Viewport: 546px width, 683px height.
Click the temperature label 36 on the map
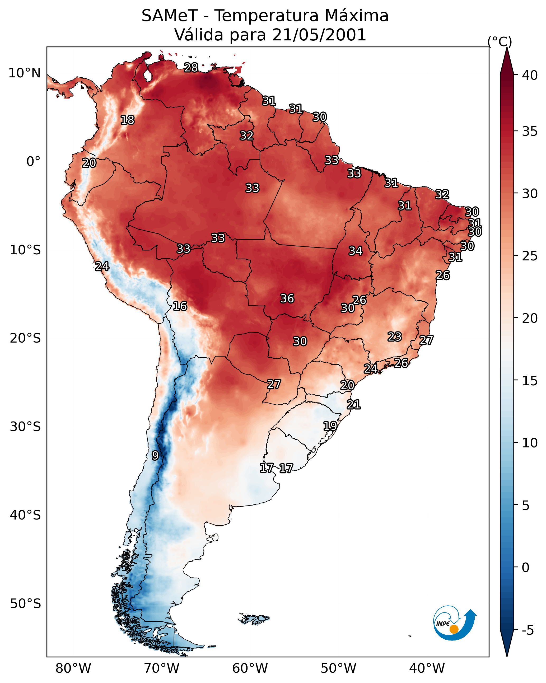click(287, 298)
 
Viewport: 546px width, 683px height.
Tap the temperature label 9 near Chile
click(155, 456)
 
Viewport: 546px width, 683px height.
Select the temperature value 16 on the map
click(180, 306)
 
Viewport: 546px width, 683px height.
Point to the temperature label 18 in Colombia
click(127, 120)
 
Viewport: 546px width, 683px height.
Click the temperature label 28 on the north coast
click(191, 67)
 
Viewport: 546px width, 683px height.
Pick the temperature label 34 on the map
click(356, 251)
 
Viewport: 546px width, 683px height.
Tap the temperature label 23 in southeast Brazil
click(395, 336)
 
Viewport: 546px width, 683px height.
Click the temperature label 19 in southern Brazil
click(330, 426)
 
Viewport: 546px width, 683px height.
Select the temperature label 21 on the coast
click(354, 405)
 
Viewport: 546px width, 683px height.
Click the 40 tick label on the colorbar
click(530, 75)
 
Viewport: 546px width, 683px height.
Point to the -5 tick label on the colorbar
click(528, 630)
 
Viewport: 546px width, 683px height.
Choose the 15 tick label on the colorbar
click(530, 381)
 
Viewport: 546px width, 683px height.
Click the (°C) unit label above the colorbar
click(500, 41)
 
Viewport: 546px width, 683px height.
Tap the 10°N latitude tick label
click(24, 73)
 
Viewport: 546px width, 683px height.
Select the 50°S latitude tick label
click(25, 604)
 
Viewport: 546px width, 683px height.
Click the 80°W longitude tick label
click(73, 668)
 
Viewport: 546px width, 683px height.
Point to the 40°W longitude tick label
click(427, 668)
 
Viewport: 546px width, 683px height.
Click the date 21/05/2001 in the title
click(319, 35)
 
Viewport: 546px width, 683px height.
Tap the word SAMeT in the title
click(170, 16)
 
